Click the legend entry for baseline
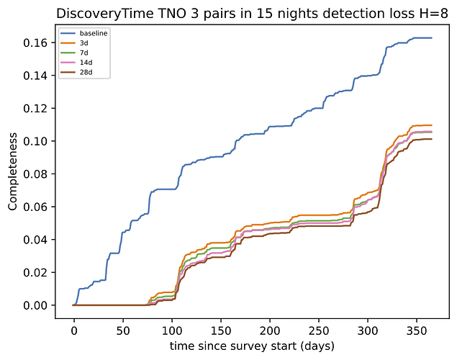point(89,34)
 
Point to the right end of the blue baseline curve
point(432,37)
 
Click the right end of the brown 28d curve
point(432,139)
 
